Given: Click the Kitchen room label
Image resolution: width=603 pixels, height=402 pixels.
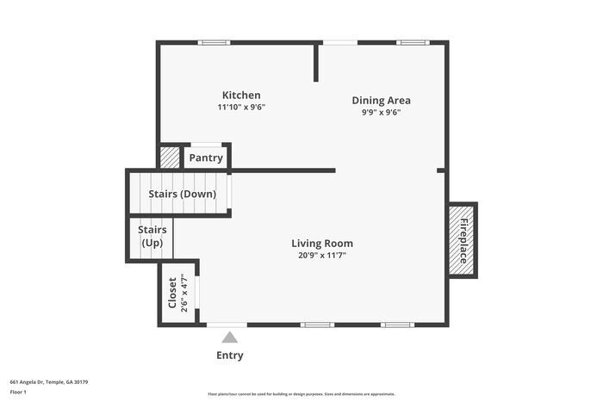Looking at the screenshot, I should pos(241,95).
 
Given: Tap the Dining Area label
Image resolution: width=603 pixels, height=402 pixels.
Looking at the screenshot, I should pos(381,100).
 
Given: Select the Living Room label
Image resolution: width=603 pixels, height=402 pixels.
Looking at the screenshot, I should pos(321,244).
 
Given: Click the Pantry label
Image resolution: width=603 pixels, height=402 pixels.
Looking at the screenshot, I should pos(206,158).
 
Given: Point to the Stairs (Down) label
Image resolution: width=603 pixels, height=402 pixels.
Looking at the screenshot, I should pos(182,194).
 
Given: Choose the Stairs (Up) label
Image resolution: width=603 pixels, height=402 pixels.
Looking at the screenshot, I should pos(152,236).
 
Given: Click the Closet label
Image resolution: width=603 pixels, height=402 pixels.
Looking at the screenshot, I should pos(172,293).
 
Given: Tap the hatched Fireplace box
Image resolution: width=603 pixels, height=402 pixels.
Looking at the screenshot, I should pos(463,240).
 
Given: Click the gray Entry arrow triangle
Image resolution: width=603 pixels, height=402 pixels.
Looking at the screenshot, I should pos(229,337).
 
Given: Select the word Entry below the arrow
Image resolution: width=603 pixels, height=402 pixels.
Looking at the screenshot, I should pos(229,356).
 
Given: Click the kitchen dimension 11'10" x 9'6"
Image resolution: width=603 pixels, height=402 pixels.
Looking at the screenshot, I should pos(241,108).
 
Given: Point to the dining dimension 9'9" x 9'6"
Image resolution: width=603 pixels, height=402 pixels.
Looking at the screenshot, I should pos(381,112).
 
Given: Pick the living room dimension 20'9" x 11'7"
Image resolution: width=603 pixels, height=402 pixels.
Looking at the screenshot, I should pos(321,256).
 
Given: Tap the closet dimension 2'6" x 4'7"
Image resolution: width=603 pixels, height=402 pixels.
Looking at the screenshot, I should pos(184,293).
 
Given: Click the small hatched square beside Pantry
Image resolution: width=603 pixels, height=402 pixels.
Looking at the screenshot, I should pos(170,158).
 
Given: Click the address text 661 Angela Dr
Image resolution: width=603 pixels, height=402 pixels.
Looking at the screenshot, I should pos(49,381).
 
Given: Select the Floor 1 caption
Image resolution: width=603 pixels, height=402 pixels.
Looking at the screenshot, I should pos(19,392).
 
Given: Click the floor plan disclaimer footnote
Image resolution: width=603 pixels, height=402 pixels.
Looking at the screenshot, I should pos(301,393).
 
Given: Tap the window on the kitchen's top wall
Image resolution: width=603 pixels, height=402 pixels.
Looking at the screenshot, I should pos(213,41).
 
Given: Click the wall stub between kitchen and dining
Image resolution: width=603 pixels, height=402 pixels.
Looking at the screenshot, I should pos(316,62).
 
